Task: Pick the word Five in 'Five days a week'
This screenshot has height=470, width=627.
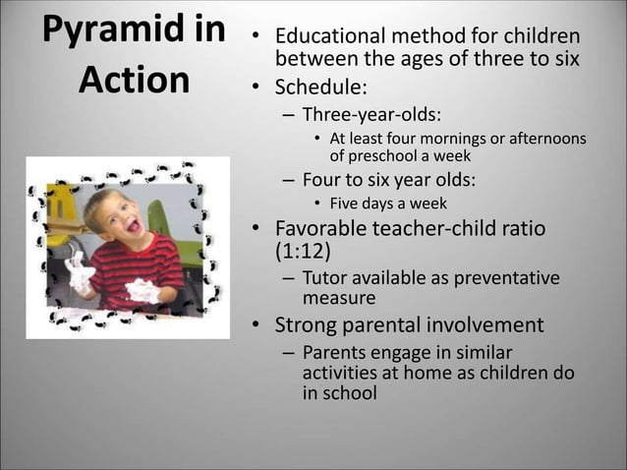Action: tap(345, 204)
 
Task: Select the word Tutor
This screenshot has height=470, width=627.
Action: tap(325, 278)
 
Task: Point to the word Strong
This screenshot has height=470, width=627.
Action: tap(307, 324)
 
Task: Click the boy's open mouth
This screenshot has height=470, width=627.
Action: tap(134, 225)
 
